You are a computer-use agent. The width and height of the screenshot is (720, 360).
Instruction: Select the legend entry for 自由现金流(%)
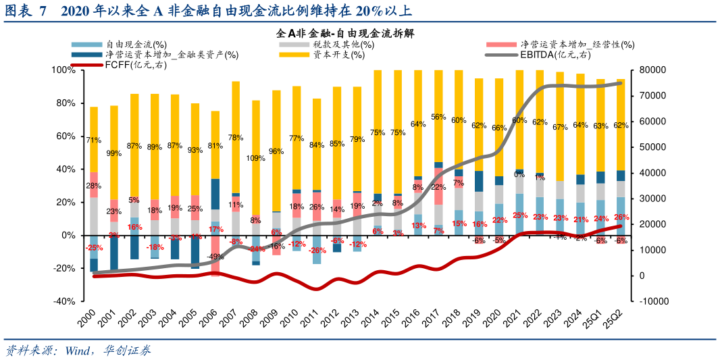coord(135,45)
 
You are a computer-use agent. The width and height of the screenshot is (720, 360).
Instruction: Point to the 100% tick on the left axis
coord(63,70)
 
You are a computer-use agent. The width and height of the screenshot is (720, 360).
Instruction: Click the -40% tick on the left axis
coord(63,301)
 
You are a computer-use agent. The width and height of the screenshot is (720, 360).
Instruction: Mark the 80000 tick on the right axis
coord(648,70)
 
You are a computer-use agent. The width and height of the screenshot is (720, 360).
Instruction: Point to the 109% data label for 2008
coord(256,159)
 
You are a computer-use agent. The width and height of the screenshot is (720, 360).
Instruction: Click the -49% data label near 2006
coord(215,257)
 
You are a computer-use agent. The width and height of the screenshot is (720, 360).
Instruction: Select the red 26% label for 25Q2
coord(621,217)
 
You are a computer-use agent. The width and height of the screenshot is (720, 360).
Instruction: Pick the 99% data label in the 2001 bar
coord(114,154)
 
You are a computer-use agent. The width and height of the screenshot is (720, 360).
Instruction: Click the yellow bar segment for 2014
coord(378,122)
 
